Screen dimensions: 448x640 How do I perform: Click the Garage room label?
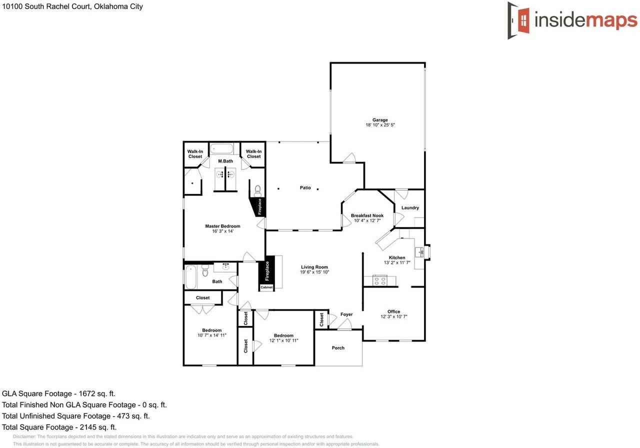(x=380, y=120)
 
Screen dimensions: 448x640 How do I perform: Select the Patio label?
(x=305, y=188)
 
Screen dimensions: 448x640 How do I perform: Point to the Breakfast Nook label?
(x=367, y=215)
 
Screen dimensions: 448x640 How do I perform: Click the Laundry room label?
(x=410, y=208)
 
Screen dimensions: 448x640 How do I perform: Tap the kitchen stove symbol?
(x=379, y=280)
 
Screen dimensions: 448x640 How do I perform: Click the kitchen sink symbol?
(x=420, y=251)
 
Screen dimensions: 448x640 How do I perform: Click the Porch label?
(x=338, y=348)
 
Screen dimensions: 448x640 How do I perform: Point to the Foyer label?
(x=346, y=314)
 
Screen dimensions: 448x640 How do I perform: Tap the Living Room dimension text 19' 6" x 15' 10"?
(x=314, y=272)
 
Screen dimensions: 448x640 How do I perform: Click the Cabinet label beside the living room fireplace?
(x=266, y=287)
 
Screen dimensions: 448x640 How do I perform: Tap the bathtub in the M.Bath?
(x=221, y=148)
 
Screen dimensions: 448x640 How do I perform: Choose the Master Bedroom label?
(x=222, y=226)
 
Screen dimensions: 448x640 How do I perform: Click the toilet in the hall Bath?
(x=204, y=270)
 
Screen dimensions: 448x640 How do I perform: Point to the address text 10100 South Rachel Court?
(x=72, y=6)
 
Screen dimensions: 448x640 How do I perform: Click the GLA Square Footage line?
(x=58, y=394)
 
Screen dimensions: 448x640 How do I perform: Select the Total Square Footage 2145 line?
(x=59, y=427)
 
